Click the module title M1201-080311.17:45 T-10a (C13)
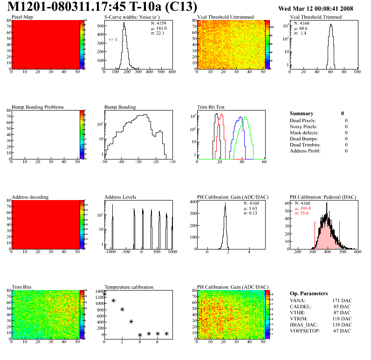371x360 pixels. pyautogui.click(x=103, y=7)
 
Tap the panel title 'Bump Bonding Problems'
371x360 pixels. pyautogui.click(x=38, y=107)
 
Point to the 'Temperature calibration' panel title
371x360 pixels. pyautogui.click(x=129, y=287)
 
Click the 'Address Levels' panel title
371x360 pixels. pyautogui.click(x=120, y=197)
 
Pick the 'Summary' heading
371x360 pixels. pyautogui.click(x=302, y=113)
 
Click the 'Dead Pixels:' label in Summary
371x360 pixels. pyautogui.click(x=303, y=121)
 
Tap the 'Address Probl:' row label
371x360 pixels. pyautogui.click(x=305, y=151)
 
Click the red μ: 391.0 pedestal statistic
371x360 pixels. pyautogui.click(x=303, y=209)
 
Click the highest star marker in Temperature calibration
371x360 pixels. pyautogui.click(x=104, y=294)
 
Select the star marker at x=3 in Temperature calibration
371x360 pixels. pyautogui.click(x=131, y=321)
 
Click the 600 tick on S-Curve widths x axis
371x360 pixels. pyautogui.click(x=172, y=72)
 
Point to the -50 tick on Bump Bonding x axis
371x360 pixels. pyautogui.click(x=104, y=162)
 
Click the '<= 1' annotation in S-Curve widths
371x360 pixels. pyautogui.click(x=113, y=40)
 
